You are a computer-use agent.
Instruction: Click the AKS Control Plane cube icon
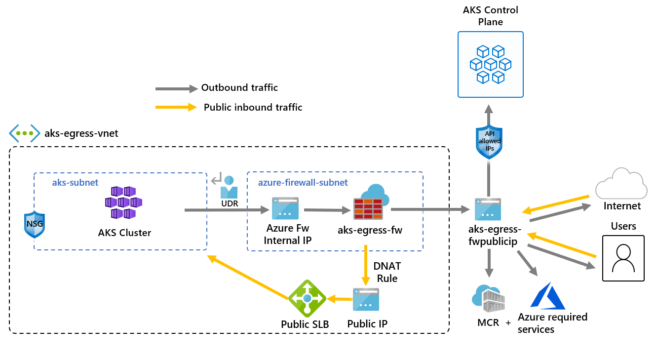490,64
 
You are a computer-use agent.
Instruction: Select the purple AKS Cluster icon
123,202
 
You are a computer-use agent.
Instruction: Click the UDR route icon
228,186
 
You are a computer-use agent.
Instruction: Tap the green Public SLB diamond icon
307,298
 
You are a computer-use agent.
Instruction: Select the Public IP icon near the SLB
366,299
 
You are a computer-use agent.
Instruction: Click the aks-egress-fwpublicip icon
488,209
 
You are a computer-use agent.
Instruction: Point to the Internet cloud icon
621,184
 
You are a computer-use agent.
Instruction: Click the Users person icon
623,258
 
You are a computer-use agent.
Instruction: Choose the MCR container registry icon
489,298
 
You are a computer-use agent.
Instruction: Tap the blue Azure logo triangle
547,296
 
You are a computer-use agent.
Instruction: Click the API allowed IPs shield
489,142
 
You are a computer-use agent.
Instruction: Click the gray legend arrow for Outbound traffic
176,89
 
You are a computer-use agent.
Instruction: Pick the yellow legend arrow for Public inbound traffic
176,107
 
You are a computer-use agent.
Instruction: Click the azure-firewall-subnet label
303,183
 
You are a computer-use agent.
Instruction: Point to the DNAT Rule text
387,273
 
